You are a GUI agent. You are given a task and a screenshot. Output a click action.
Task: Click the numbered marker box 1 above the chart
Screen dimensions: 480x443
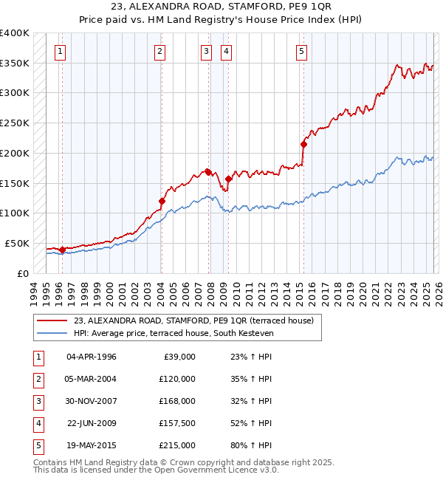(60, 51)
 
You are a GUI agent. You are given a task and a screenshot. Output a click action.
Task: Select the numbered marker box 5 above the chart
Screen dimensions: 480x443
(302, 51)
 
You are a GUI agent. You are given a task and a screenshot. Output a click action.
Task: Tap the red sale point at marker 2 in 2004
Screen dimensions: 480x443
(162, 201)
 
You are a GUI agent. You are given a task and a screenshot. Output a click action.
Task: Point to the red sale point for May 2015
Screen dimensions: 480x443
(303, 144)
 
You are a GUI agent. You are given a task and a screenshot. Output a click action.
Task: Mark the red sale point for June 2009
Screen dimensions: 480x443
(229, 179)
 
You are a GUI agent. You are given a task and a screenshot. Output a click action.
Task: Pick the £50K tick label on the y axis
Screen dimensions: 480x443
(17, 243)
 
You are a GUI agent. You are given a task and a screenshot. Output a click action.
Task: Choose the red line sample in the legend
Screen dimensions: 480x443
(52, 320)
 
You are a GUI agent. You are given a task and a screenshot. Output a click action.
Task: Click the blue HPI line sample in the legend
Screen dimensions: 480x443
(52, 334)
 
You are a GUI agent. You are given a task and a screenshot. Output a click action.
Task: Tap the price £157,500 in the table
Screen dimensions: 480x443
(176, 423)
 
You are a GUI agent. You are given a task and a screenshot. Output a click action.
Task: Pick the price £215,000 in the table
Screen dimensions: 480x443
(176, 445)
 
